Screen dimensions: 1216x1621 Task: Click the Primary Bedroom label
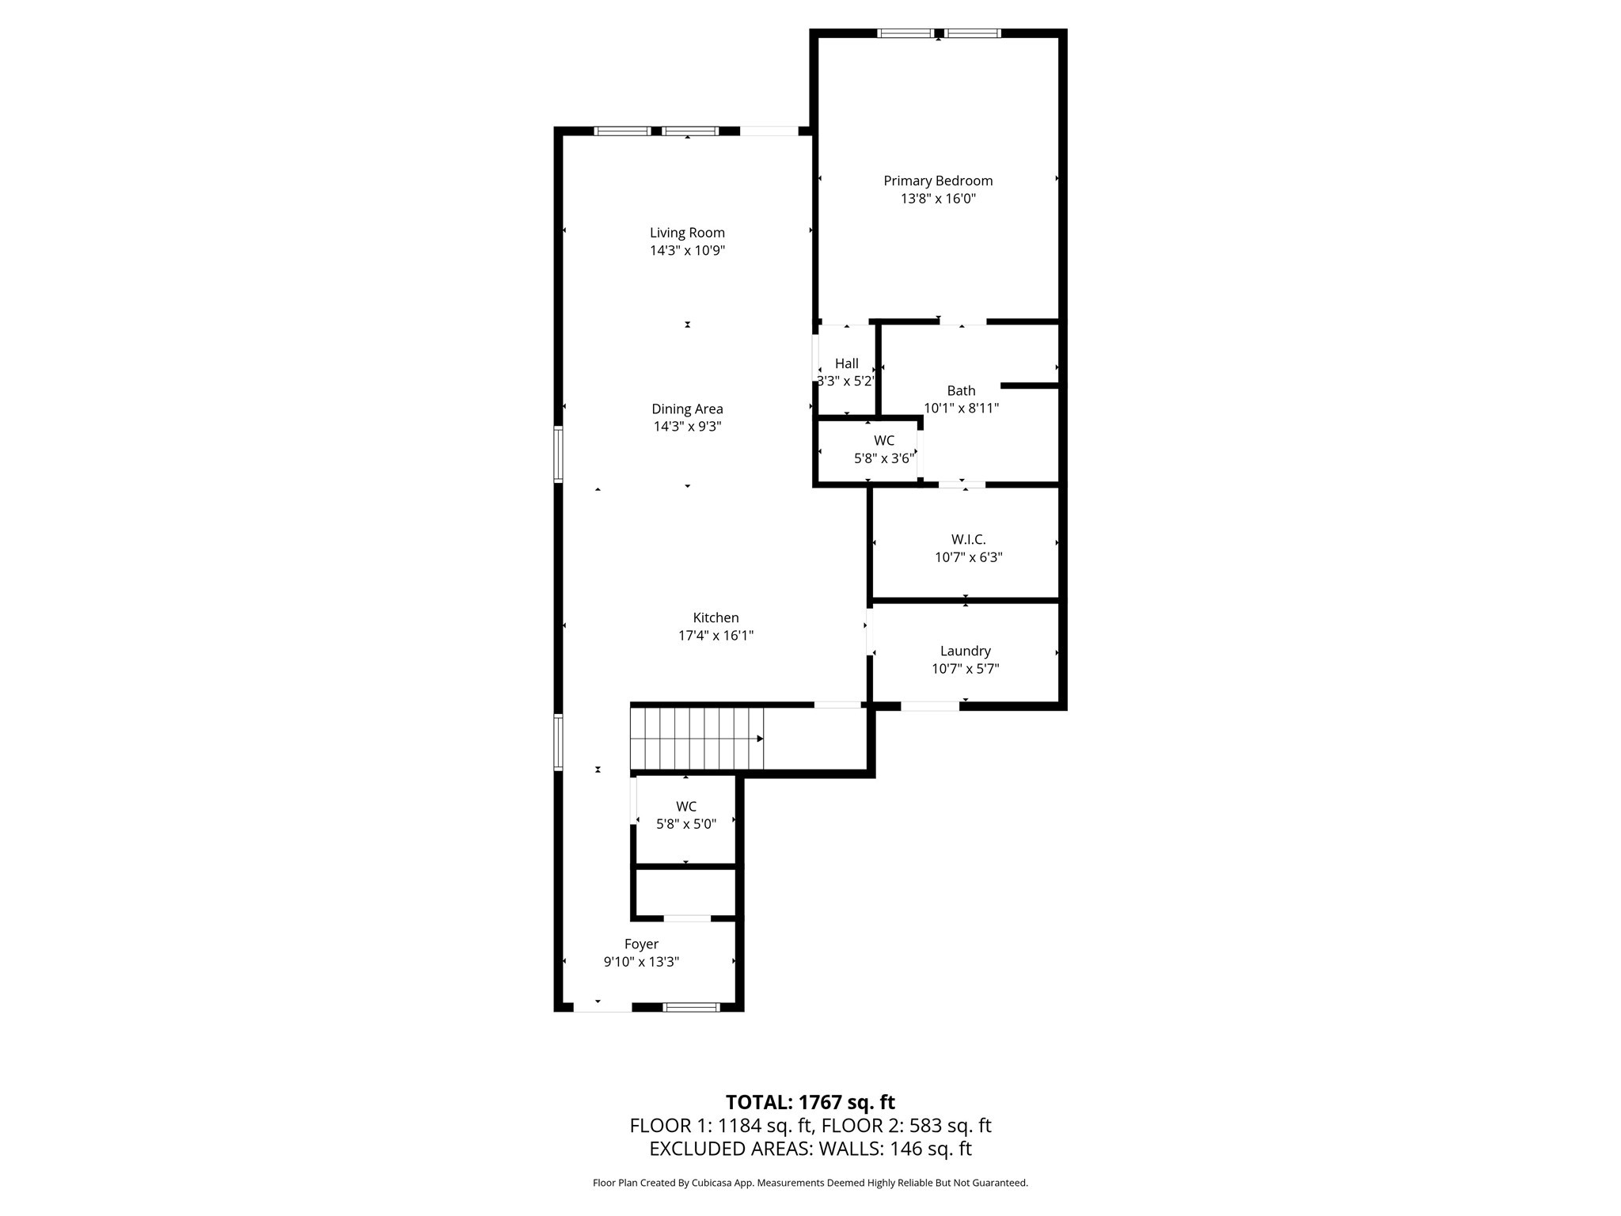pyautogui.click(x=938, y=180)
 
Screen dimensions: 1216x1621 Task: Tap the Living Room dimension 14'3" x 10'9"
pyautogui.click(x=687, y=250)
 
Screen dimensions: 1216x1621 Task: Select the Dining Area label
pyautogui.click(x=687, y=408)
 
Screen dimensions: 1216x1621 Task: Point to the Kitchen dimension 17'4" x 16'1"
pyautogui.click(x=716, y=635)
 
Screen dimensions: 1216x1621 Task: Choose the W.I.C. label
pyautogui.click(x=968, y=539)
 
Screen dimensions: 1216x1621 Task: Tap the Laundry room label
pyautogui.click(x=965, y=651)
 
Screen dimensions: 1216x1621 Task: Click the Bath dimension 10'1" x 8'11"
pyautogui.click(x=961, y=408)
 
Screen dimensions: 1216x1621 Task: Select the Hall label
pyautogui.click(x=846, y=363)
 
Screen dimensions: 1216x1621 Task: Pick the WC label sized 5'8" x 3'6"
pyautogui.click(x=884, y=440)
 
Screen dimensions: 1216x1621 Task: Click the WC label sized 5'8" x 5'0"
pyautogui.click(x=686, y=806)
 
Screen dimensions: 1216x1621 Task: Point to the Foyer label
pyautogui.click(x=641, y=944)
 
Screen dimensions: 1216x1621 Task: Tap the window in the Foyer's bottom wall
pyautogui.click(x=690, y=1007)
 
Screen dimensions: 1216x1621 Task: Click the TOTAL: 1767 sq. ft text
pyautogui.click(x=810, y=1102)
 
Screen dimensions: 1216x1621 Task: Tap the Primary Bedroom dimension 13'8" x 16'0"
pyautogui.click(x=938, y=198)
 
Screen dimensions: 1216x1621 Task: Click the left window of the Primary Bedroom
pyautogui.click(x=905, y=33)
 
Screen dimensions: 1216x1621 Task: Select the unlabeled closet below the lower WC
pyautogui.click(x=685, y=893)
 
